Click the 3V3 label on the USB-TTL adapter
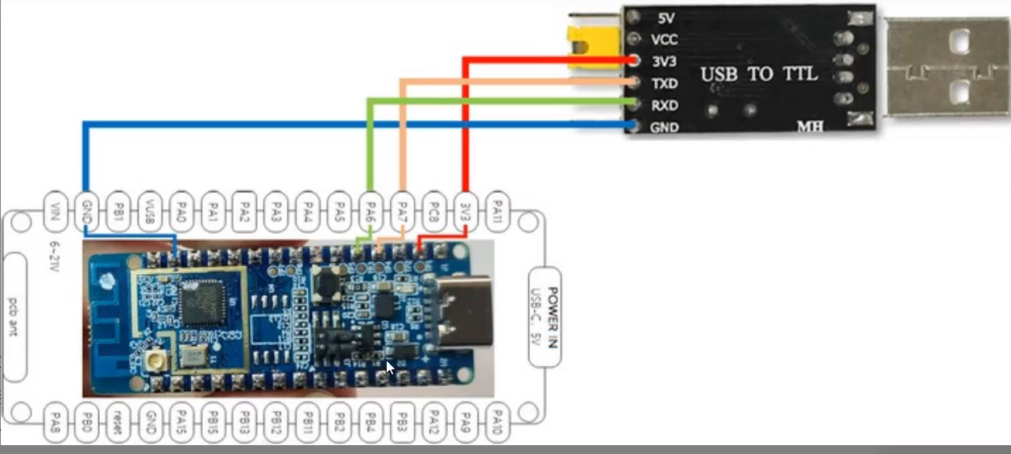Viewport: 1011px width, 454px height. point(664,61)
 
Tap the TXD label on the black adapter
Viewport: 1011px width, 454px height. point(664,83)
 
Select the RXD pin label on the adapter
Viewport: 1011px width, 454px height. point(664,105)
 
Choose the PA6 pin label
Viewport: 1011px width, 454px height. point(371,213)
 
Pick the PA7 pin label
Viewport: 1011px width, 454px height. point(402,213)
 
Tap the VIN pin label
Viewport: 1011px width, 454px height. point(55,213)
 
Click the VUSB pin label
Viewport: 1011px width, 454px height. point(150,213)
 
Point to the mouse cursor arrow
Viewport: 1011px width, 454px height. point(389,367)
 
